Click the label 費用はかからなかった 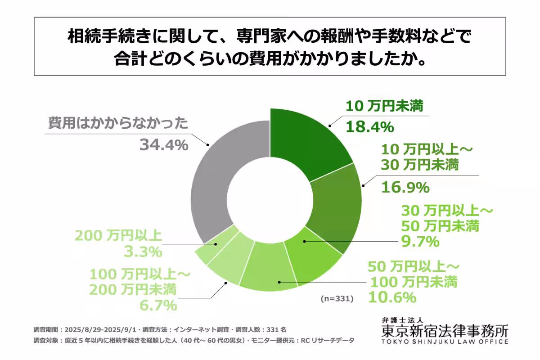(x=117, y=123)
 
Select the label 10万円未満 (x=385, y=107)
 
